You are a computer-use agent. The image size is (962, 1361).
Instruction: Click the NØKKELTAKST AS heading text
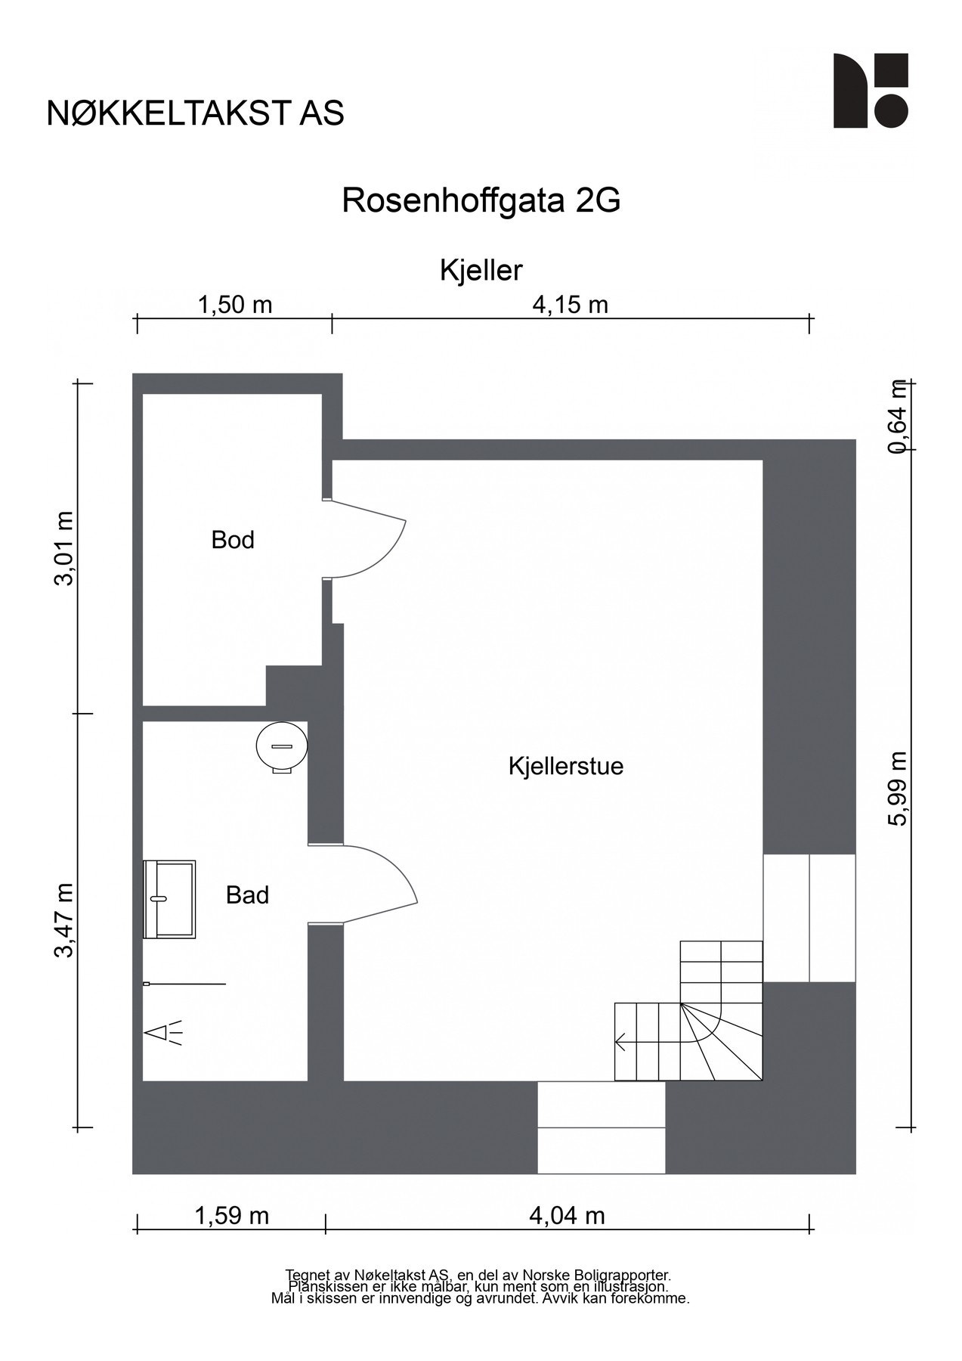[195, 113]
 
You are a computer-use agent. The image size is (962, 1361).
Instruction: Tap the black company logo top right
[870, 91]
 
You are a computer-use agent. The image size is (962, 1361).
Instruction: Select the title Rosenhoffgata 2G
[481, 201]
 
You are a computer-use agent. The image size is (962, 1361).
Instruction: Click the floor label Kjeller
[481, 270]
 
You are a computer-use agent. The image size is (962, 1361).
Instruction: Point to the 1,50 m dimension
[234, 305]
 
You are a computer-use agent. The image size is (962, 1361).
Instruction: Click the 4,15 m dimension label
[570, 305]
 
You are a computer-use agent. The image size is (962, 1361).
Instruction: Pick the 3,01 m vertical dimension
[65, 548]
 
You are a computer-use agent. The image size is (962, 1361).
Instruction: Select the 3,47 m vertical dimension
[65, 919]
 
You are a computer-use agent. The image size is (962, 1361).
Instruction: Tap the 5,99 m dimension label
[897, 789]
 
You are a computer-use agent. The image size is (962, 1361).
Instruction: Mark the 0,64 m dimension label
[897, 416]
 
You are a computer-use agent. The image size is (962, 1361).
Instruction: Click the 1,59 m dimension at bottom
[231, 1216]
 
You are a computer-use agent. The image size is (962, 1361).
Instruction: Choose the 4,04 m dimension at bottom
[567, 1216]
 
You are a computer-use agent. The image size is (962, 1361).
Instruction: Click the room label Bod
[233, 540]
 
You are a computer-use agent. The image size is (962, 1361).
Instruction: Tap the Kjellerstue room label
[565, 766]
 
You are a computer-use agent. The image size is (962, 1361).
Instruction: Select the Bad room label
[247, 895]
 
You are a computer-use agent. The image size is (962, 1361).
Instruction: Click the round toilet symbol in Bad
[282, 747]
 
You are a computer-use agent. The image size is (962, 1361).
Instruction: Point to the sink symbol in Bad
[169, 899]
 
